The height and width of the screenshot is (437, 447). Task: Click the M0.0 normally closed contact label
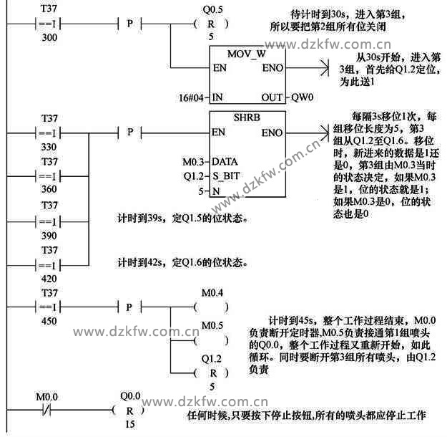[x=48, y=396]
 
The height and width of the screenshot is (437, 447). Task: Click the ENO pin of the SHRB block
[x=272, y=133]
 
